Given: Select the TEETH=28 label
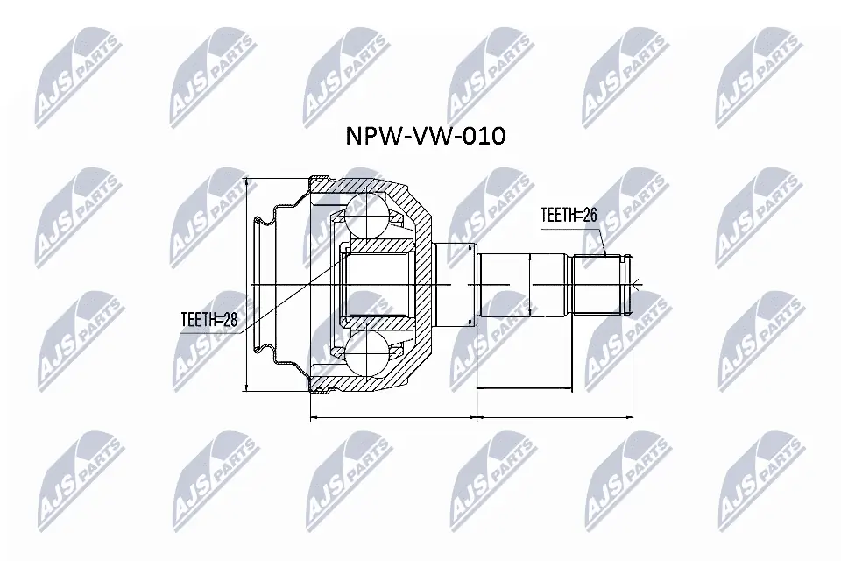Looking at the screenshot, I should [208, 320].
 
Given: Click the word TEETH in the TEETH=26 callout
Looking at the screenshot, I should [557, 214].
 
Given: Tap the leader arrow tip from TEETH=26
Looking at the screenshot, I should [605, 255].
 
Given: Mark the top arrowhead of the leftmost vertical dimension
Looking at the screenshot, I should [248, 181].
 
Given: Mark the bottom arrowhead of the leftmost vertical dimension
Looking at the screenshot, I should [248, 389].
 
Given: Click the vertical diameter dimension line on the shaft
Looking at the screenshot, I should [531, 285].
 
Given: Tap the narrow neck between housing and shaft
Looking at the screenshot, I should [456, 285].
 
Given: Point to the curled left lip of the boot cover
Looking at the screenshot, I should [259, 219].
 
